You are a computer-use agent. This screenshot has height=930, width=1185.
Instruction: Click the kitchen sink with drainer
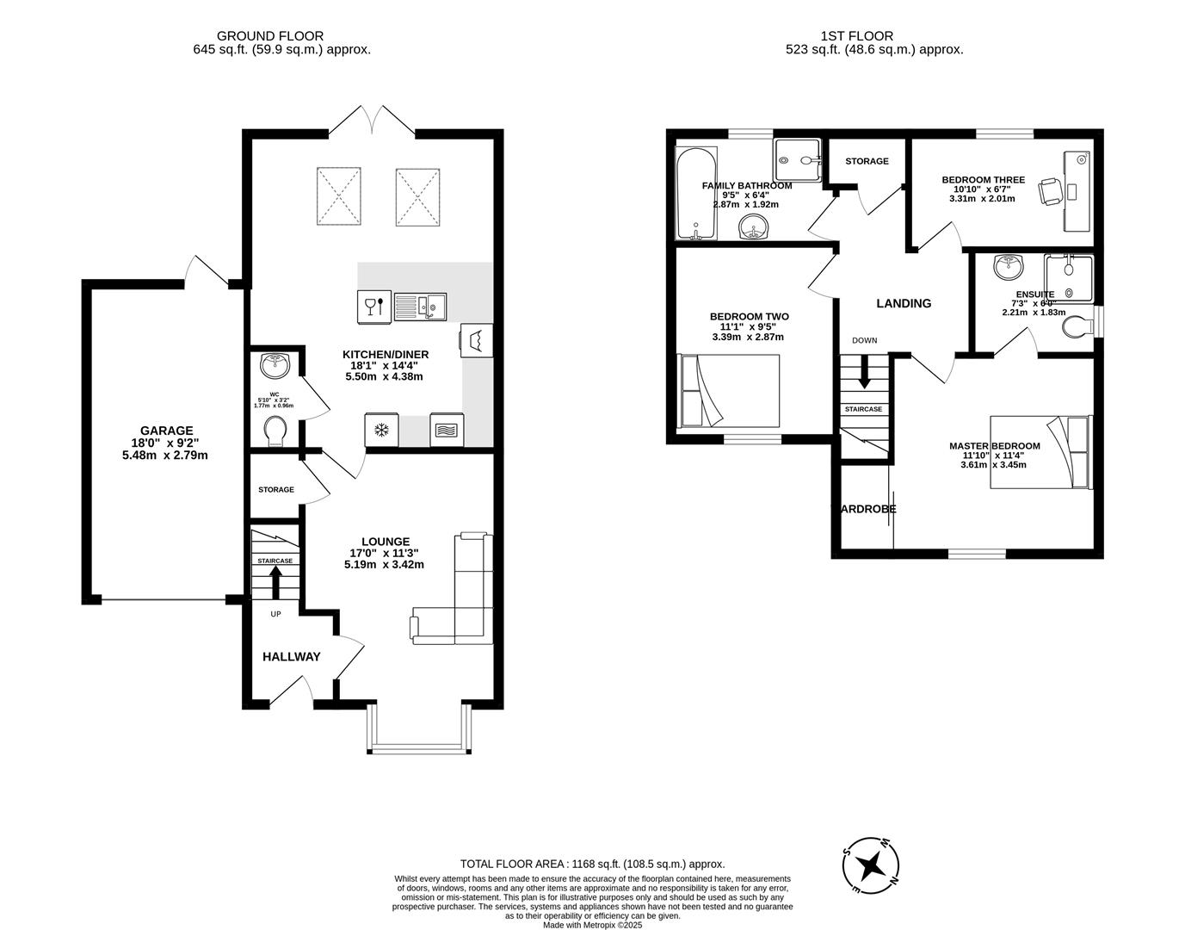[x=421, y=306]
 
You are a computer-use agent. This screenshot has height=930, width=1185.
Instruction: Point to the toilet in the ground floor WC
[x=276, y=431]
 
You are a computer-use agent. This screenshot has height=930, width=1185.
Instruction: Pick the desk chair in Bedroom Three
[x=1051, y=190]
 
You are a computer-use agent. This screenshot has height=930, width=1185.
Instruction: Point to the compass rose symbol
[x=871, y=864]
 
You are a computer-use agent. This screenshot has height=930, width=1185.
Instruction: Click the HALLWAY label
[x=291, y=656]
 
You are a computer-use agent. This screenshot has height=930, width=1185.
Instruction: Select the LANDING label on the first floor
[x=904, y=303]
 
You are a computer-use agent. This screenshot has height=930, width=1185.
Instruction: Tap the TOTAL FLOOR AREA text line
[x=592, y=864]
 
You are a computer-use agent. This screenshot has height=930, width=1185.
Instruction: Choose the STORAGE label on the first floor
[x=867, y=161]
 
